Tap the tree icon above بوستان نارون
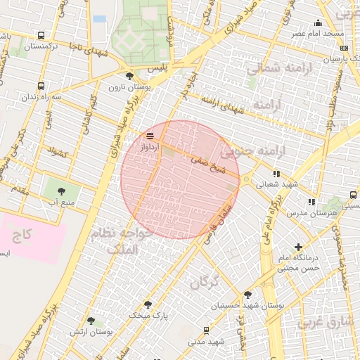click(129, 76)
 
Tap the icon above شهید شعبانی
click(276, 173)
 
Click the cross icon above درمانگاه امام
click(299, 247)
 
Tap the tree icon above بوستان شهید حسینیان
click(247, 295)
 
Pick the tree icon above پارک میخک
click(148, 304)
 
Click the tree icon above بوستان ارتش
click(91, 321)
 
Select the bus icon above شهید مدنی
click(205, 330)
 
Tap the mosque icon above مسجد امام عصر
click(319, 22)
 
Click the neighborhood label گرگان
click(205, 283)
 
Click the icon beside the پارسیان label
click(344, 48)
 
